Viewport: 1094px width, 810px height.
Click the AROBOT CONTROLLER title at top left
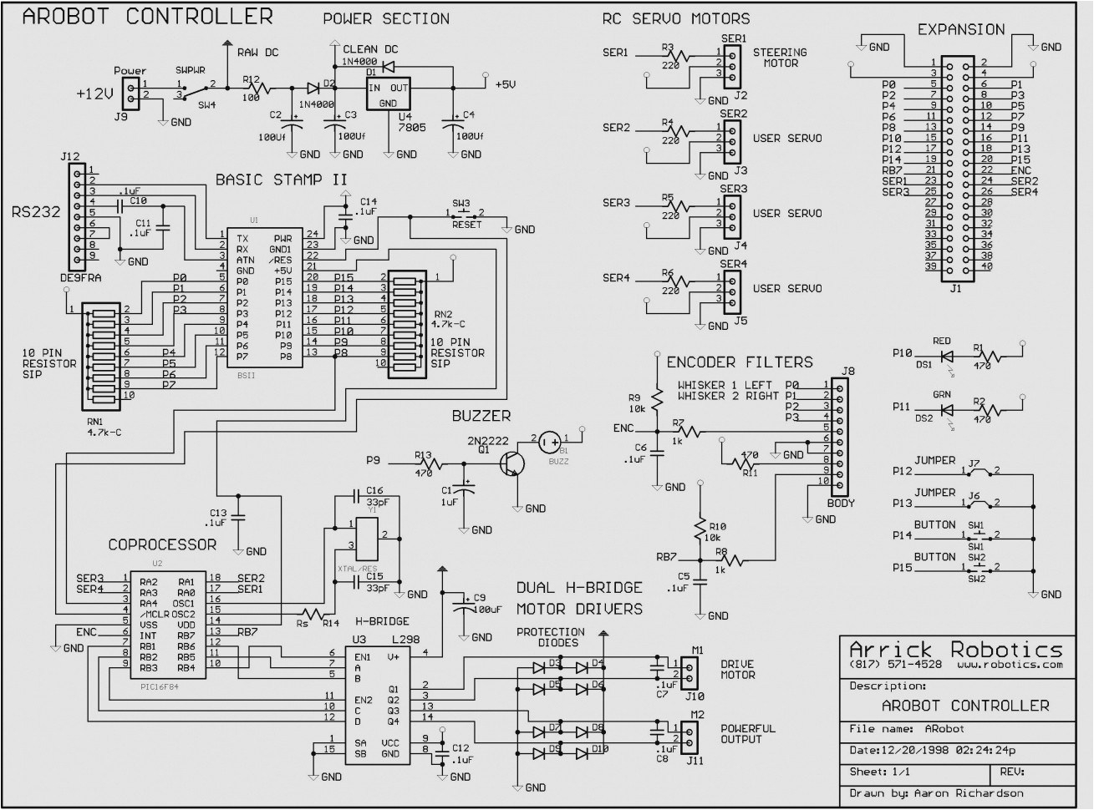pyautogui.click(x=146, y=16)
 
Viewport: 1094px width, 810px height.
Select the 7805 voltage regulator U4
pyautogui.click(x=388, y=94)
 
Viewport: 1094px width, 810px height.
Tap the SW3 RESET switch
pyautogui.click(x=461, y=214)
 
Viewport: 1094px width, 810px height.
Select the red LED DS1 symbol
pyautogui.click(x=946, y=353)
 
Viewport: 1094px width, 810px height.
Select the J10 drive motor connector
pyautogui.click(x=689, y=673)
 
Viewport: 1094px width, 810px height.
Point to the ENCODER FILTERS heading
pyautogui.click(x=739, y=362)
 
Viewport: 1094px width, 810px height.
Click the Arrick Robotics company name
pyautogui.click(x=955, y=649)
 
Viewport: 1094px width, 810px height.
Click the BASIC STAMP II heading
pyautogui.click(x=281, y=180)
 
